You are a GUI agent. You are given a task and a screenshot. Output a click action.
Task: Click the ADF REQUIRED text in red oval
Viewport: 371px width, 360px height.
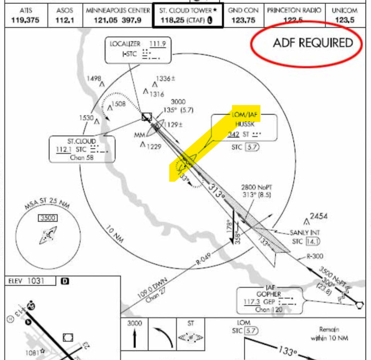313,43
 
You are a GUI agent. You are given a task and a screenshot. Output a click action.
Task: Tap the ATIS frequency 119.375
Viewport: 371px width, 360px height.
25,20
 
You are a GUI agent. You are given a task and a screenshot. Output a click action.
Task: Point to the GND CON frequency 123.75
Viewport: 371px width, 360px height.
243,20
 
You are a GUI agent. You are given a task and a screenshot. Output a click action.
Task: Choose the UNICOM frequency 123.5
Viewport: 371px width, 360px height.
345,20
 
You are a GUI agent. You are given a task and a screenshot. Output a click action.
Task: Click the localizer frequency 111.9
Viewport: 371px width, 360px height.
158,44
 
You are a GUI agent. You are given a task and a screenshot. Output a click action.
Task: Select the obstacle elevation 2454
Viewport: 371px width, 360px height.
318,216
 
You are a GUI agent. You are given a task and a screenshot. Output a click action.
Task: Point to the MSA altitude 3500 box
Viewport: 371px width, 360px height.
48,218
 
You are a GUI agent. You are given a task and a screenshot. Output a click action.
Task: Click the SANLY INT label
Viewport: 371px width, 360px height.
305,233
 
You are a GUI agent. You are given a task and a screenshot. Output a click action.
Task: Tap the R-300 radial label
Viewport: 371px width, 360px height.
315,256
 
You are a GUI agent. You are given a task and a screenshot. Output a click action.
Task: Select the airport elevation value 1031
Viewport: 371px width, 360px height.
36,281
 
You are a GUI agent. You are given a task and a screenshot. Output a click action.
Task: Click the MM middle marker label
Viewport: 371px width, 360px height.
139,136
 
